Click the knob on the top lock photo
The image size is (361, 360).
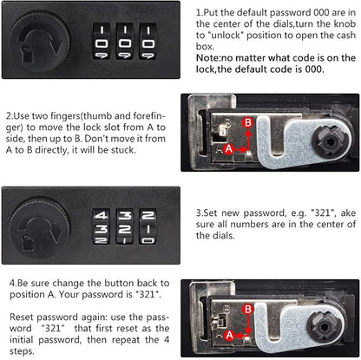40,41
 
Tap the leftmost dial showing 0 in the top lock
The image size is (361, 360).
102,42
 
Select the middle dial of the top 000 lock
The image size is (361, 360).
125,42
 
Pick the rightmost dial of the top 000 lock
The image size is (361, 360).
148,42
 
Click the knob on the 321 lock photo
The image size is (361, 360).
40,227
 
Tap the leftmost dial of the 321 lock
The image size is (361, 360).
102,226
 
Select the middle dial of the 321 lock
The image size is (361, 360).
125,226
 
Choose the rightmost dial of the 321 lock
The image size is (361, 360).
148,226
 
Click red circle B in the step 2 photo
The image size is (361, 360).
248,122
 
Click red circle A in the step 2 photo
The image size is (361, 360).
229,149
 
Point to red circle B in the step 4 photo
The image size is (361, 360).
248,310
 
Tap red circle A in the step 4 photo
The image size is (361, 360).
230,336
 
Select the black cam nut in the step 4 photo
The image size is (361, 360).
325,327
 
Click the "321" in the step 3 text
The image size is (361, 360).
322,213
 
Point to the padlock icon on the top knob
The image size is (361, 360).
28,54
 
